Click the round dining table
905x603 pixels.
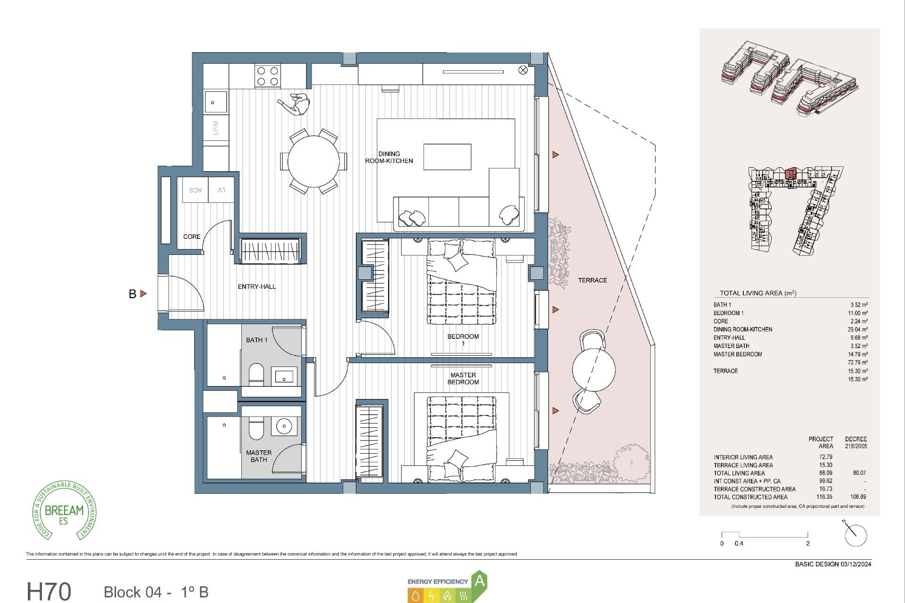(x=313, y=161)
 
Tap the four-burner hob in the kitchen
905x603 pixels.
(x=267, y=76)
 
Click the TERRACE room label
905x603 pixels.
(x=592, y=280)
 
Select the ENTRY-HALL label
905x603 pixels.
(x=257, y=286)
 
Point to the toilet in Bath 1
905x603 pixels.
(x=256, y=374)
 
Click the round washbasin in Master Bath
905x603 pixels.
(x=284, y=426)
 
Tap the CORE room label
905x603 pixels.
(x=192, y=236)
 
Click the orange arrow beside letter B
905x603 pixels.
(x=143, y=293)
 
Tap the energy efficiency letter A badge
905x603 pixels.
(x=479, y=581)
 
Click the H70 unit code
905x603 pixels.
(x=49, y=591)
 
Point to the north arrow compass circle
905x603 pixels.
(x=856, y=536)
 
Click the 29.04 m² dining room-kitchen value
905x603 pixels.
(x=857, y=329)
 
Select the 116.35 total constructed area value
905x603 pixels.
(x=824, y=497)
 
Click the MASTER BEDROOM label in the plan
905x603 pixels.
(x=463, y=378)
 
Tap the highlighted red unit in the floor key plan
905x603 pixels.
(x=791, y=173)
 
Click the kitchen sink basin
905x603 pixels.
(x=215, y=102)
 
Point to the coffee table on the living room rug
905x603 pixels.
(x=447, y=157)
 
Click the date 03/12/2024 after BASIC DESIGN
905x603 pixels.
(x=856, y=564)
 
